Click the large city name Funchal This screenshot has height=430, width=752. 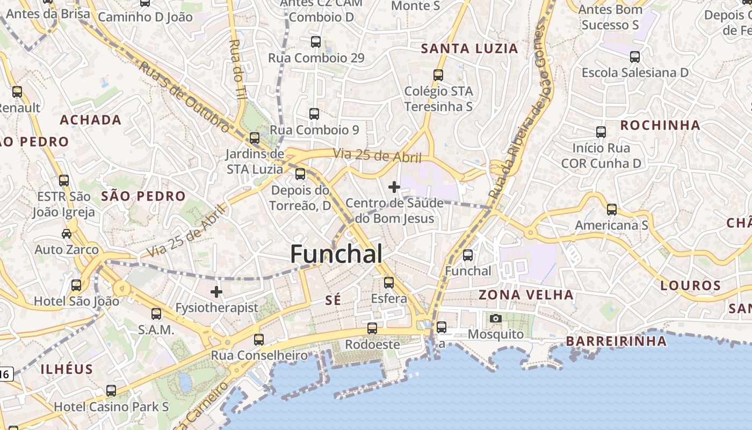(337, 254)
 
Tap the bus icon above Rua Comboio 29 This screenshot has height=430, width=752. (316, 42)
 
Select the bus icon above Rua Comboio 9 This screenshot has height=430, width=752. (314, 114)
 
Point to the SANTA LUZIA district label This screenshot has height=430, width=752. (469, 49)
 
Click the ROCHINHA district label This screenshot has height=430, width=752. (660, 126)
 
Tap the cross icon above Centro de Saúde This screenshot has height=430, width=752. (394, 187)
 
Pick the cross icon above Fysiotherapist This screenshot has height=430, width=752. (216, 292)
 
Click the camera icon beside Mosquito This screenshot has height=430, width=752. (496, 318)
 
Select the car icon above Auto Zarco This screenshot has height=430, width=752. (67, 234)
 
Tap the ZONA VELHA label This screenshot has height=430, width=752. (526, 295)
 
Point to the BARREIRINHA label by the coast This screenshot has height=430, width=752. (616, 341)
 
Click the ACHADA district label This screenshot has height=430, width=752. (90, 120)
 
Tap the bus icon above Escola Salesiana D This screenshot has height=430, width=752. (635, 56)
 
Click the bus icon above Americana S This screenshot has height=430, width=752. (611, 210)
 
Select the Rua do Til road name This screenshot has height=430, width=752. (236, 69)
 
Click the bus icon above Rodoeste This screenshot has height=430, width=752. (372, 328)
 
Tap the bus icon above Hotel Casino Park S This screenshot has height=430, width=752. (111, 391)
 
